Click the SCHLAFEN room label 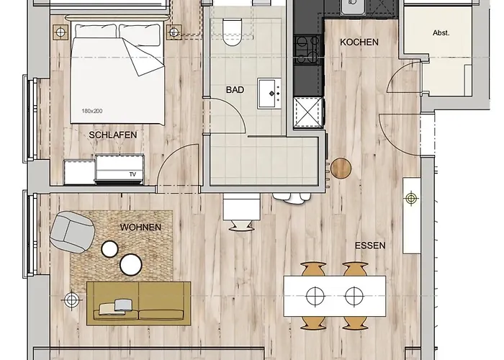pos(113,135)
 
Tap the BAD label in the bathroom pos(235,90)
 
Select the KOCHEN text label pos(359,42)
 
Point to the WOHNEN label pos(140,228)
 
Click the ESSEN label pos(370,246)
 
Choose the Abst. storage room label pos(441,33)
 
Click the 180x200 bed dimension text pos(92,111)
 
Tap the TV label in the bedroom pos(132,174)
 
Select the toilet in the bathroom pos(232,32)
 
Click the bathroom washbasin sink pos(269,94)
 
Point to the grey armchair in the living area pos(72,232)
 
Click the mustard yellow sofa pos(139,303)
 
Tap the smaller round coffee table pos(109,249)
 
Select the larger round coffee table pos(131,264)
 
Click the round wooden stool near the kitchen pos(341,168)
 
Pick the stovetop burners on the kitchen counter pos(308,50)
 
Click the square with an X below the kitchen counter pos(308,112)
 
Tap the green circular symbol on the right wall pos(411,198)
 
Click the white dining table pos(335,296)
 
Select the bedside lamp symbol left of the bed pos(60,32)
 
